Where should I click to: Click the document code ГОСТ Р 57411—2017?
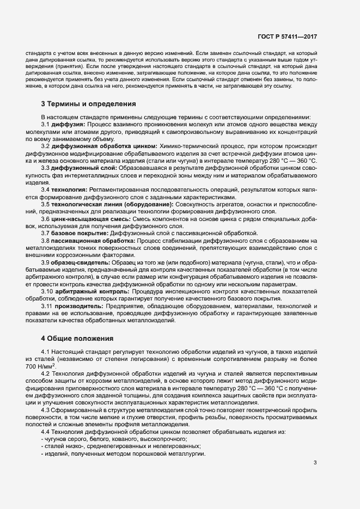point(287,38)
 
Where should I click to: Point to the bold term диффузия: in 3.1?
point(69,125)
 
